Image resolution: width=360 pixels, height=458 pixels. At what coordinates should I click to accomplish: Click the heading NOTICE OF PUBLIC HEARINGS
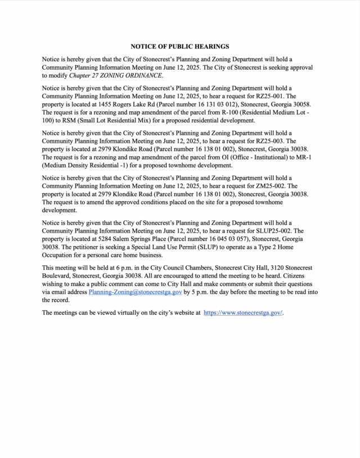180,46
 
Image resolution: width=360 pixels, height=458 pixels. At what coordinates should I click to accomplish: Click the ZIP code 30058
300,105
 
